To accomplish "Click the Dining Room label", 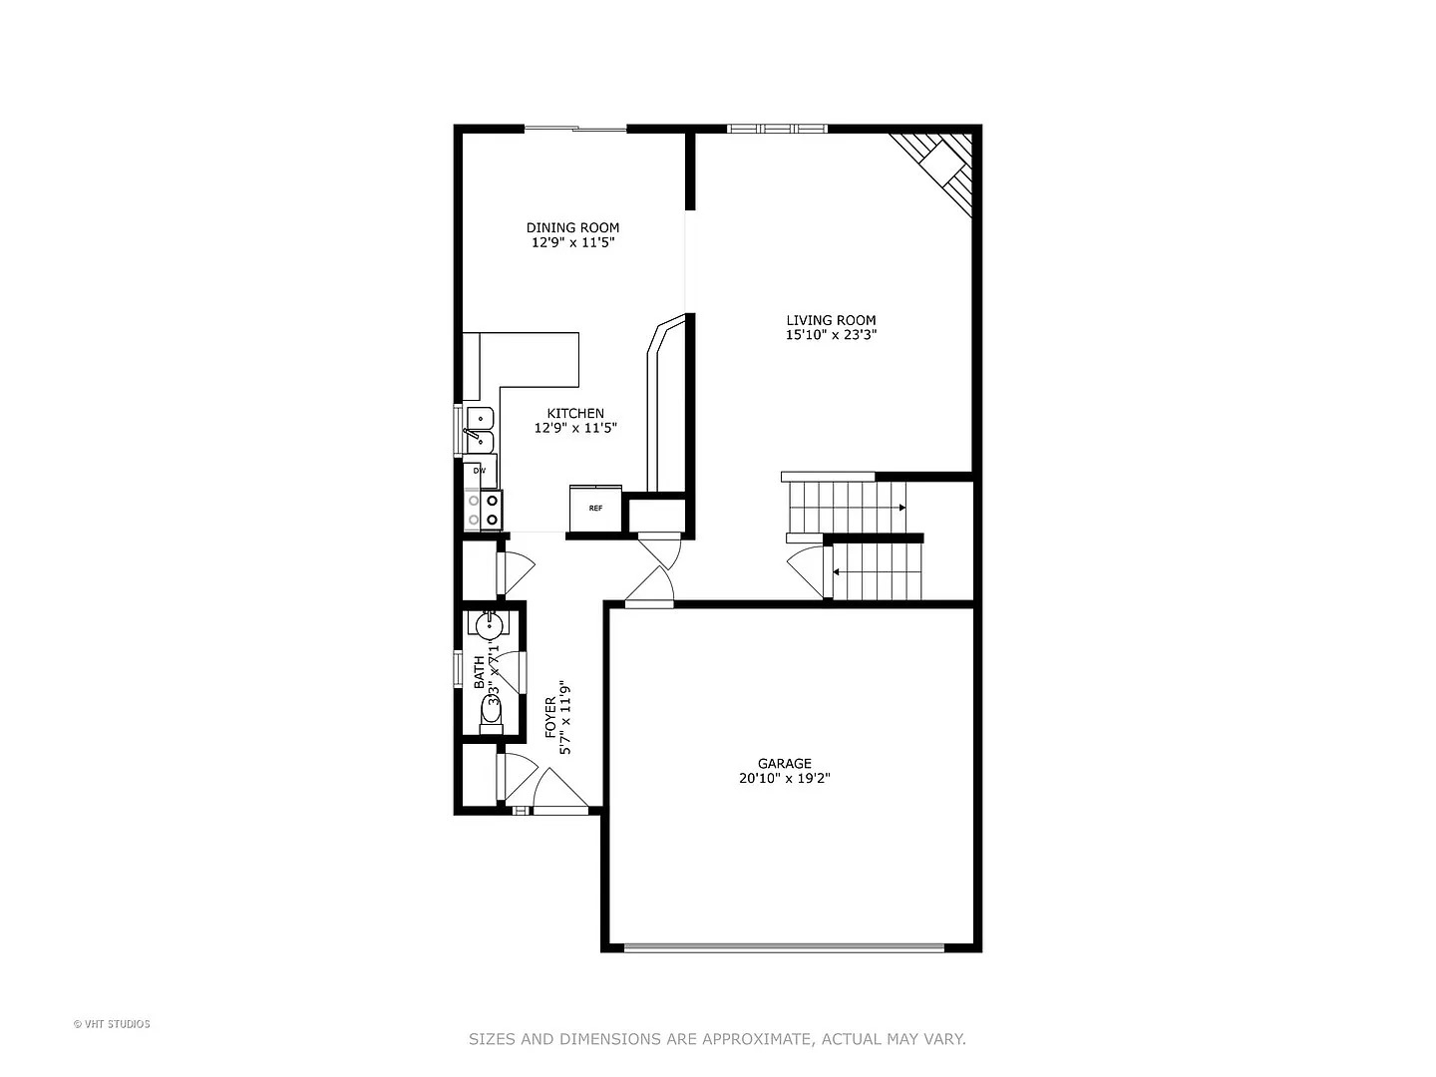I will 572,227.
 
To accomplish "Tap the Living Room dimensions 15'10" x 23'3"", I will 831,335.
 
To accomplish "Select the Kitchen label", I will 575,413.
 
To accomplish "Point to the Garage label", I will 784,764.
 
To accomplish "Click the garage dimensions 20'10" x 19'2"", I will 784,779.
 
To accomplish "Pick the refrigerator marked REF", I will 595,509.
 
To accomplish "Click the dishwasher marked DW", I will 480,471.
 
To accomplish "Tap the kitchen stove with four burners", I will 483,510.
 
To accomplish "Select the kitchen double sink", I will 480,429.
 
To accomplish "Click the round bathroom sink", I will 488,625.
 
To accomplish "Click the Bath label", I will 480,672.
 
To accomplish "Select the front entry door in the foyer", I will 559,793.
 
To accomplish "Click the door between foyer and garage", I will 649,588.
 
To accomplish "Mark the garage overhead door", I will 784,947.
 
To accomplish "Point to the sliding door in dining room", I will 575,129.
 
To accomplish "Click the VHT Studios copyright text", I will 112,1024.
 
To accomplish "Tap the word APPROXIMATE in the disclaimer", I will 757,1039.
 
